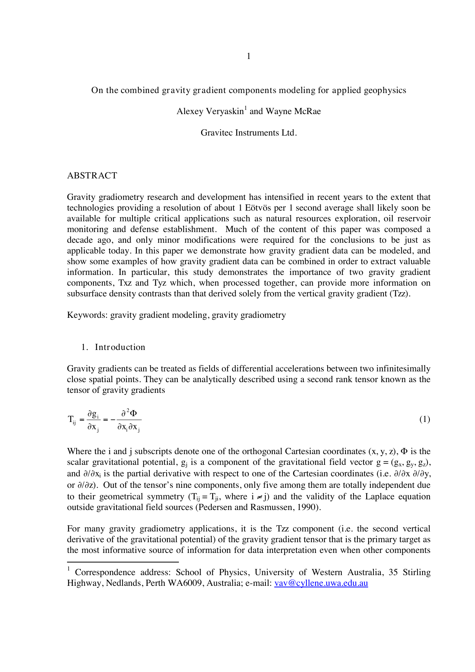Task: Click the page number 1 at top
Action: (x=249, y=56)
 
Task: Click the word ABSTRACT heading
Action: (x=92, y=175)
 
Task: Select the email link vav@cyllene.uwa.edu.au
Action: (x=321, y=583)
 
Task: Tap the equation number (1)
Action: (x=424, y=419)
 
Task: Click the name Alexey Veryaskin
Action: (x=210, y=111)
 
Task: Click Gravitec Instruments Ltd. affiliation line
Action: (x=249, y=133)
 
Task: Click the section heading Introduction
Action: (x=120, y=347)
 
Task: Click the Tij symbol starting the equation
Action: (x=72, y=420)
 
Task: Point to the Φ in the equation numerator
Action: (x=134, y=413)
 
